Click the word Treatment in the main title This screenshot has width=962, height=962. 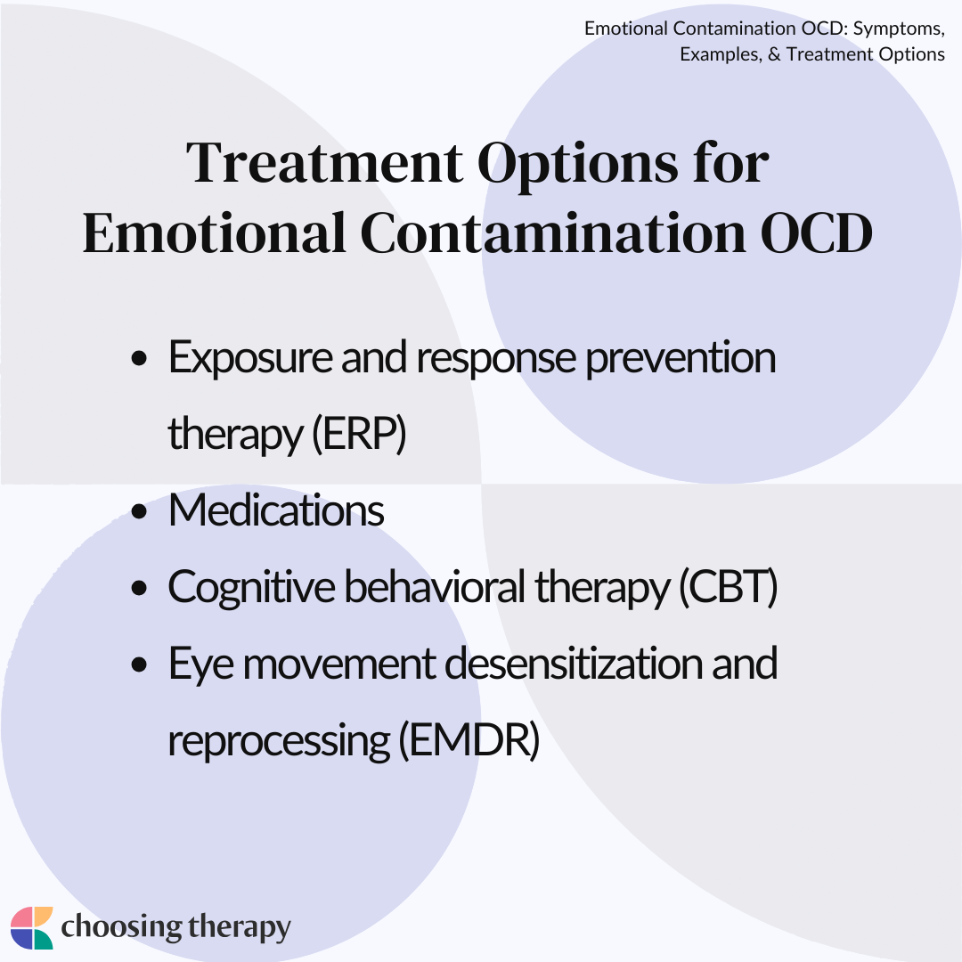tap(324, 163)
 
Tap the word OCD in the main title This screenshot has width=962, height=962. tap(816, 233)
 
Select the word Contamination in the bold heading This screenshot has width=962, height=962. tap(553, 233)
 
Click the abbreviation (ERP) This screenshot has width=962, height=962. tap(359, 434)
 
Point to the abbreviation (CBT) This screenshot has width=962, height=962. tap(729, 587)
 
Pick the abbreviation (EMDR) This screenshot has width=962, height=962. tap(469, 740)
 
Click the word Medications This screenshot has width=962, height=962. tap(276, 510)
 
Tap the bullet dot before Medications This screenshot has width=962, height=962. tap(140, 511)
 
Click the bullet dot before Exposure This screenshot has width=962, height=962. tap(140, 358)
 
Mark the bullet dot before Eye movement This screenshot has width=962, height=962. tap(140, 665)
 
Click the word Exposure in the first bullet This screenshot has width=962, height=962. tap(250, 359)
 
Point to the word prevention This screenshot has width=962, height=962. tap(681, 359)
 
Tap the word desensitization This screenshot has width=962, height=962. tap(574, 664)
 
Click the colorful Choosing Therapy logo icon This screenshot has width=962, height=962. tap(32, 927)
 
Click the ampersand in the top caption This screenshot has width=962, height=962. tap(774, 54)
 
